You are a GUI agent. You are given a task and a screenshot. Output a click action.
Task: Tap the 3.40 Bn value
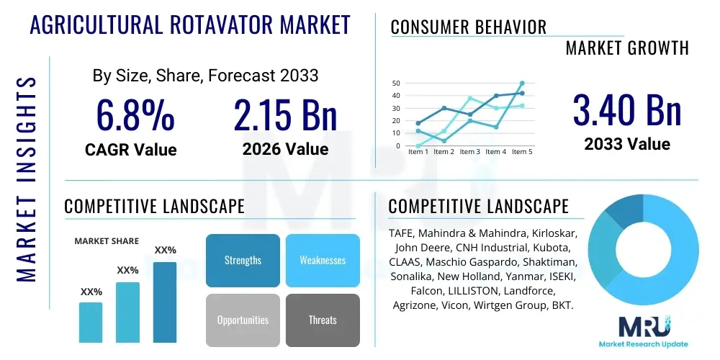click(627, 110)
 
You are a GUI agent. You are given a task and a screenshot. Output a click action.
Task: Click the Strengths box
click(243, 261)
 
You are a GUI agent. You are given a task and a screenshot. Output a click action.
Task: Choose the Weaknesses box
click(323, 261)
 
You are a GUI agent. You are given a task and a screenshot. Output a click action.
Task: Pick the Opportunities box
click(243, 320)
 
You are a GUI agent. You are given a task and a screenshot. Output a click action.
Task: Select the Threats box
click(323, 320)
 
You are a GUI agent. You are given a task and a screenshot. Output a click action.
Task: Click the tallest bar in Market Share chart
click(165, 302)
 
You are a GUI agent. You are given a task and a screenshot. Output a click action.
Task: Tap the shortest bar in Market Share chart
click(91, 322)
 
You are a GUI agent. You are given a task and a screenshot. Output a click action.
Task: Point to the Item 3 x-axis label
click(469, 152)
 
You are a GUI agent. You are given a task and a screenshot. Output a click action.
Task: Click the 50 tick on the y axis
click(395, 84)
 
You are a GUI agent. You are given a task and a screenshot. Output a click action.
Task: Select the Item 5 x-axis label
click(521, 152)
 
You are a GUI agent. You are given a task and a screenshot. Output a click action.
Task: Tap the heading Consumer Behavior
click(468, 28)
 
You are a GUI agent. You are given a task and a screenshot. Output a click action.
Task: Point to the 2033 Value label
click(627, 143)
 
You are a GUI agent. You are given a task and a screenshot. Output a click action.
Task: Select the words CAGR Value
click(130, 150)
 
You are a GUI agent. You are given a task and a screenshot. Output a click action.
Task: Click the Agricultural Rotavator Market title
click(190, 25)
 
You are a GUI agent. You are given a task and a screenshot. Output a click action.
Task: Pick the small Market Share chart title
click(107, 241)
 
